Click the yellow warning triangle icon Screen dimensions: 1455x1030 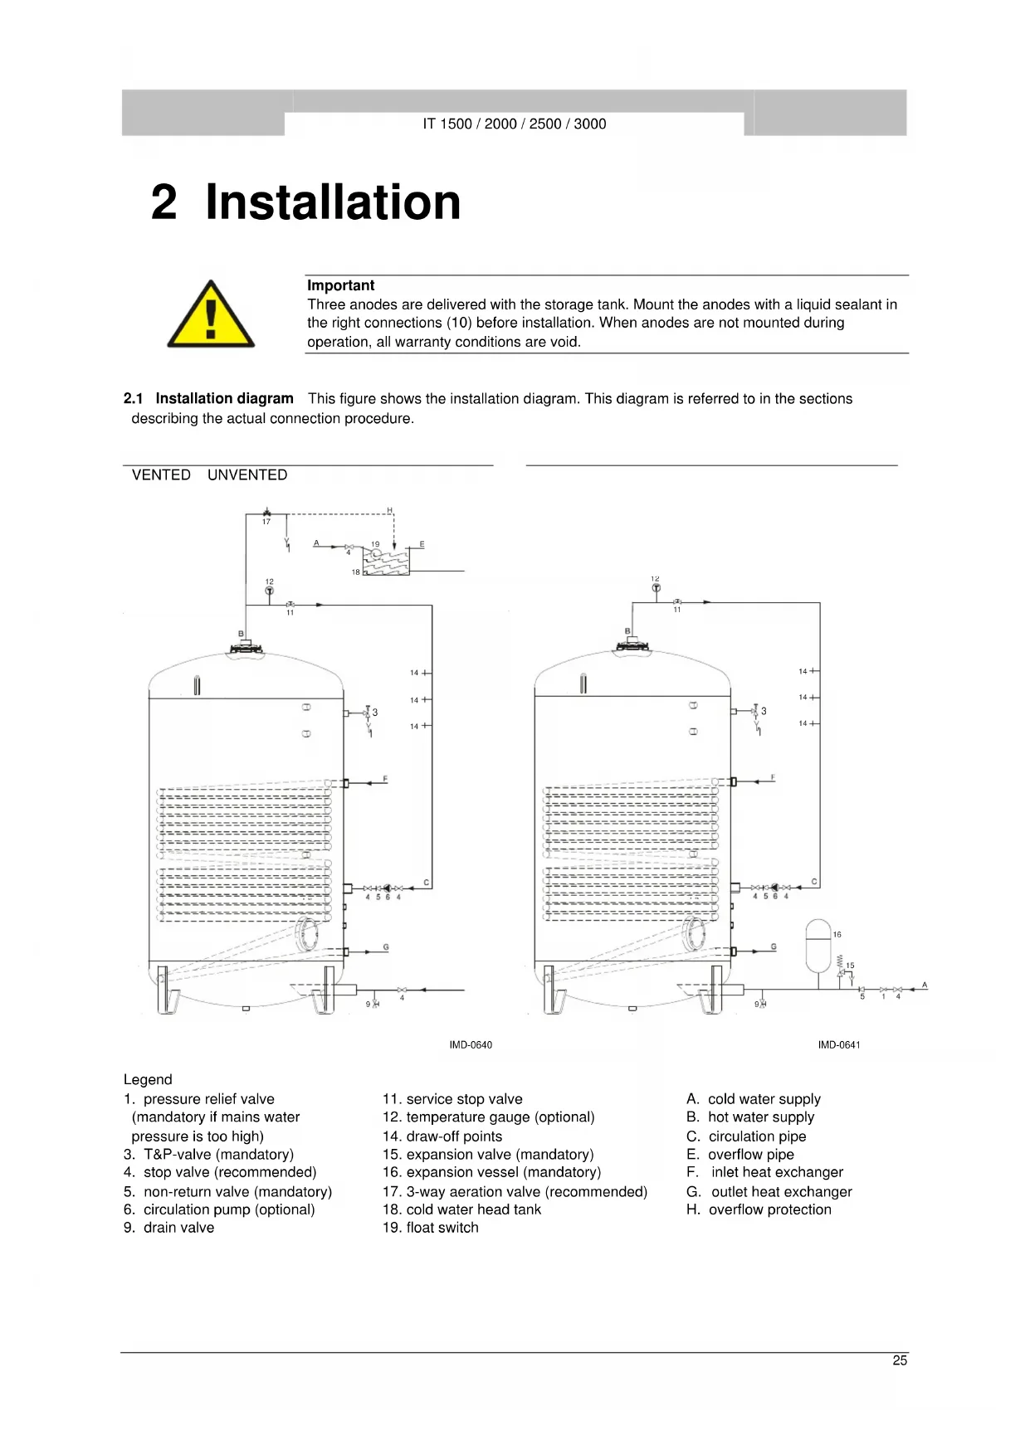(211, 316)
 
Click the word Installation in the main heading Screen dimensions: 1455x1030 (333, 202)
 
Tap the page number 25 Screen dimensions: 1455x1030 (900, 1360)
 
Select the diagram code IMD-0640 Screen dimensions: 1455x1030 (471, 1044)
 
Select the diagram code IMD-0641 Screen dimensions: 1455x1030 (839, 1044)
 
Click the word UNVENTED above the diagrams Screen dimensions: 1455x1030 (247, 475)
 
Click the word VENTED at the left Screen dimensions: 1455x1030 (161, 475)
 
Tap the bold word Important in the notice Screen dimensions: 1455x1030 (340, 285)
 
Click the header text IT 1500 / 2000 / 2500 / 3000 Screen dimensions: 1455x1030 (515, 124)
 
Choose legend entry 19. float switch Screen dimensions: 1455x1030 (430, 1228)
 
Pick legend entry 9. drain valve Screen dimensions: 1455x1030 (168, 1228)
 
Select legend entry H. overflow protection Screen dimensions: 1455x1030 (759, 1209)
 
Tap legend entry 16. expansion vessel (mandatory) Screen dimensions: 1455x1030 (491, 1172)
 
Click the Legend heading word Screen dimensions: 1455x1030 (148, 1080)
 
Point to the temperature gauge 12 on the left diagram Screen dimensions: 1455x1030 (269, 591)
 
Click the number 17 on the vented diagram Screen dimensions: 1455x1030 (266, 522)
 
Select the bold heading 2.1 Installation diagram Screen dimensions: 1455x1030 (208, 399)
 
